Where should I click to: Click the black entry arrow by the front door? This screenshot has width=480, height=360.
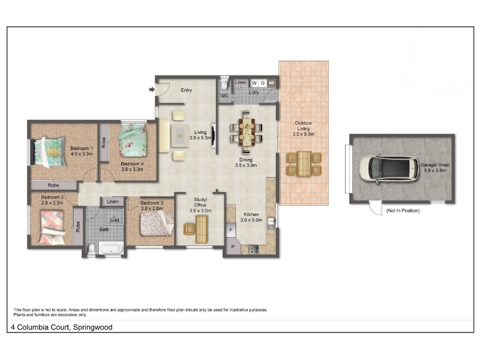tap(152, 89)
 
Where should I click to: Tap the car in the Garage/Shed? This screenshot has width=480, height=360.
tap(389, 169)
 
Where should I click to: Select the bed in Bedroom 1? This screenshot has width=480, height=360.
tap(49, 152)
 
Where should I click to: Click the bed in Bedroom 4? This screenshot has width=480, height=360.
tap(133, 140)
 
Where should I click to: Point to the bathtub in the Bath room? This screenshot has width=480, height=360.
tap(111, 248)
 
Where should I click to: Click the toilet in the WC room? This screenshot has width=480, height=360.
tap(224, 83)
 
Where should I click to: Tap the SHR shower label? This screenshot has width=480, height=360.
tap(114, 220)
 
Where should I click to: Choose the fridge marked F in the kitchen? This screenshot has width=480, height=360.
tap(230, 230)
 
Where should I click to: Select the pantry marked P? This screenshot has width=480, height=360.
tap(233, 246)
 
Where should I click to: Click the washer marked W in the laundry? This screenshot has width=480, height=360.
tap(254, 83)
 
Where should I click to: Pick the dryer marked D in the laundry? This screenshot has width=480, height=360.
tap(263, 83)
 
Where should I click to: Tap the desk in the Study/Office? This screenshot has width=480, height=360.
tap(201, 229)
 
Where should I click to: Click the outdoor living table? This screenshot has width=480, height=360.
tap(304, 164)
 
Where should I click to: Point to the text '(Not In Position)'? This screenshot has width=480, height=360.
tap(403, 211)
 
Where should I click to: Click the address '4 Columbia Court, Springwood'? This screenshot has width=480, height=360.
tap(62, 327)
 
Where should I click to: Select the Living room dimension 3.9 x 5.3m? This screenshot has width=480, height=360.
tap(200, 138)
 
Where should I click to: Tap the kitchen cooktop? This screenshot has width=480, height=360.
tap(254, 250)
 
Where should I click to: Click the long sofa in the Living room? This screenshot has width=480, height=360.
tap(164, 136)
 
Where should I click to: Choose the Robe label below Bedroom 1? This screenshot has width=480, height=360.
tap(53, 185)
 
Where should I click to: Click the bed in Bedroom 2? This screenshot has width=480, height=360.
tap(52, 227)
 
